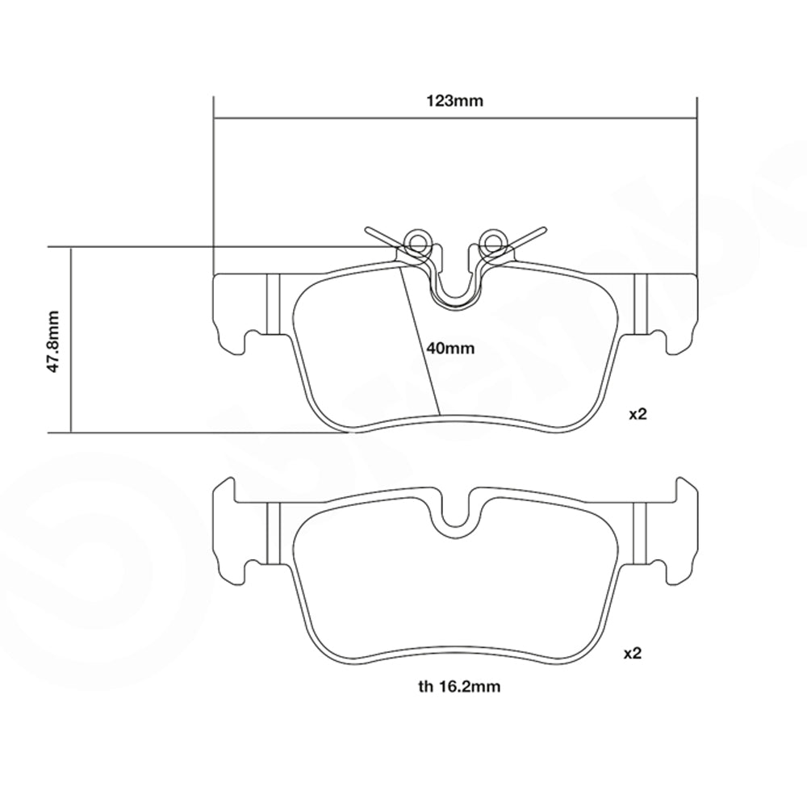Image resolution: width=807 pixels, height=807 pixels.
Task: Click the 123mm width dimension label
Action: click(x=454, y=101)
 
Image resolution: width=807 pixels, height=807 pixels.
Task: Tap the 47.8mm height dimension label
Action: click(x=53, y=341)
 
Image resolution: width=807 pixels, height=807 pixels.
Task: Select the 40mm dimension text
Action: click(x=450, y=349)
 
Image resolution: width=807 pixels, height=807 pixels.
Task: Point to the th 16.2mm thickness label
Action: click(x=459, y=686)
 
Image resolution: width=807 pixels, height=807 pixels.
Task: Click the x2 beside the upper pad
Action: click(x=638, y=414)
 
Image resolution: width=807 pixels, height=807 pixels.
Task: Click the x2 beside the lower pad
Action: click(x=633, y=653)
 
